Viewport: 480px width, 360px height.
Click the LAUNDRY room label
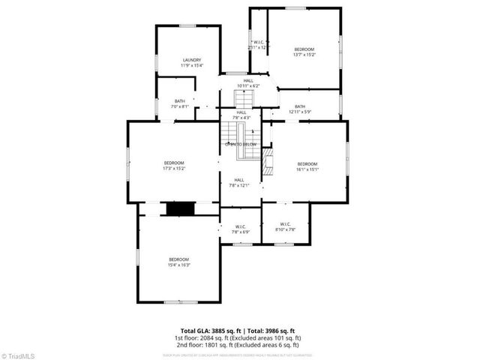click(191, 60)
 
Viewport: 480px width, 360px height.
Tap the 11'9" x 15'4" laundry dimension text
click(191, 66)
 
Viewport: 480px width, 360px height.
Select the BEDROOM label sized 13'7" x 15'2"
click(304, 49)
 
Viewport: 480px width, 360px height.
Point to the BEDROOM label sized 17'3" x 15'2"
click(174, 163)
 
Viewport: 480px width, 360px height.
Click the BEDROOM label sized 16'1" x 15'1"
click(307, 164)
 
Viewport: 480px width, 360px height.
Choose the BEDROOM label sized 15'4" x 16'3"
click(178, 259)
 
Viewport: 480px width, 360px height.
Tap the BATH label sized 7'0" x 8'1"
click(180, 101)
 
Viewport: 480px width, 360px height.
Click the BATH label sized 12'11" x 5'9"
click(300, 106)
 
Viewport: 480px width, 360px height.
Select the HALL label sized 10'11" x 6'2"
click(248, 80)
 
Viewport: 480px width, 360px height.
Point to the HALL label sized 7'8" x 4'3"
click(241, 112)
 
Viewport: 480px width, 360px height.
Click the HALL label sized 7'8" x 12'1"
click(239, 180)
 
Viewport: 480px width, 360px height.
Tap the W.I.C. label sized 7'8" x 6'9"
click(241, 226)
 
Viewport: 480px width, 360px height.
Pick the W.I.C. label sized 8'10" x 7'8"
click(286, 224)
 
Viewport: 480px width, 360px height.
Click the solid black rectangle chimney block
click(179, 209)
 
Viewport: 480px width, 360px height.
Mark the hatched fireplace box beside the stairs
click(268, 159)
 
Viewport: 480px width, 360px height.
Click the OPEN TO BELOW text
click(241, 144)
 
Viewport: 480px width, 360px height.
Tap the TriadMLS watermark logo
click(18, 355)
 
